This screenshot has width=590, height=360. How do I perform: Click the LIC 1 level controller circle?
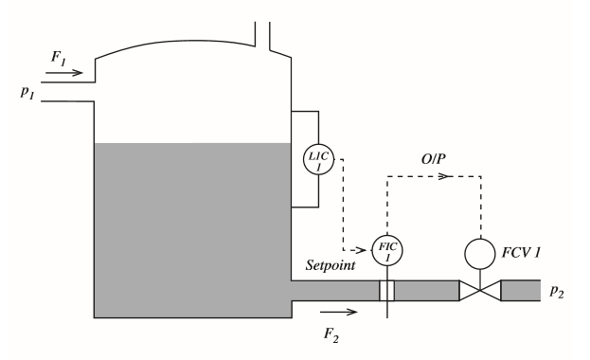point(314,157)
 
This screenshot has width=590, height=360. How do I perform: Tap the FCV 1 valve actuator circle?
point(480,253)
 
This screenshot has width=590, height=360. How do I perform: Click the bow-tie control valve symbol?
point(479,290)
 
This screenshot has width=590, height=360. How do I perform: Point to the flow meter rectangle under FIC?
point(386,290)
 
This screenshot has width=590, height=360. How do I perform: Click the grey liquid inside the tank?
point(189,227)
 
